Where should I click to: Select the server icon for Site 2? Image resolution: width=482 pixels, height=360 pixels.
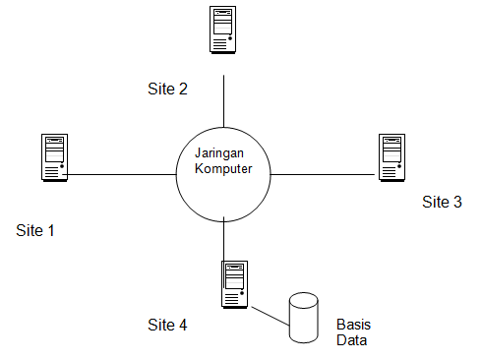pos(222,30)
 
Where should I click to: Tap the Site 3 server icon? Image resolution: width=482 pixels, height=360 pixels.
pos(393,157)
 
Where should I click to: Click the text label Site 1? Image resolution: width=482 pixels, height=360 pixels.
pos(35,231)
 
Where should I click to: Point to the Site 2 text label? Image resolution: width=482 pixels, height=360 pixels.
pos(167,89)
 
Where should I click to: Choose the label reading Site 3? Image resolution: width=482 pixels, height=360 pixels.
pos(442,203)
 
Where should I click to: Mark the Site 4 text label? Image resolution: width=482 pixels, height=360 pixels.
pos(167,325)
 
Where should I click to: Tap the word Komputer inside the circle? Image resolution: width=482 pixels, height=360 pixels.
pos(223,169)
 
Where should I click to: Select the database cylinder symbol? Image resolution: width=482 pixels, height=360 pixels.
pos(305,317)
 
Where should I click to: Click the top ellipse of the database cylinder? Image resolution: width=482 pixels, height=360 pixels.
pos(305,299)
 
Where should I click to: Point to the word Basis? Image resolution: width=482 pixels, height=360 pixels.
pos(353,325)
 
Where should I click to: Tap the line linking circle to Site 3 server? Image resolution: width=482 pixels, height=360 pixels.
pos(325,175)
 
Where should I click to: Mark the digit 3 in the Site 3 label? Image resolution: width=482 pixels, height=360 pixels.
pos(456,203)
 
